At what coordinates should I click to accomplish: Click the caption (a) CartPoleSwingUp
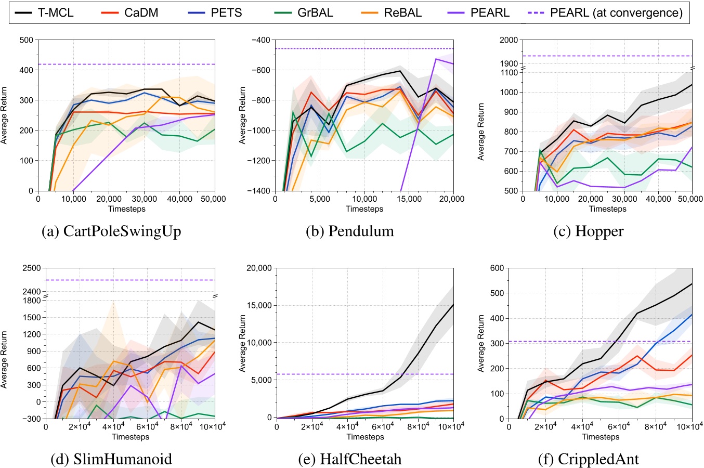[111, 231]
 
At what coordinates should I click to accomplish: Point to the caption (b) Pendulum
[349, 231]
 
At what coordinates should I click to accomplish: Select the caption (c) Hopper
[590, 231]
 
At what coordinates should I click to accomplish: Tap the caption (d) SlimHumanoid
[111, 459]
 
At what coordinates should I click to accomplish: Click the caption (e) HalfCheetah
[349, 459]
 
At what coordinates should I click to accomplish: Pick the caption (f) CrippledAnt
[590, 459]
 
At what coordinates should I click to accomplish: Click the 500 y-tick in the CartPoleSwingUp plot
[26, 40]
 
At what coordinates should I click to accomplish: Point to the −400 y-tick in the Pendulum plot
[260, 40]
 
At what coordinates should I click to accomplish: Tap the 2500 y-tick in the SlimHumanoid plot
[32, 268]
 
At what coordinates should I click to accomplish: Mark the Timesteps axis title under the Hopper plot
[607, 209]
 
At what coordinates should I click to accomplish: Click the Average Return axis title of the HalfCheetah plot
[242, 343]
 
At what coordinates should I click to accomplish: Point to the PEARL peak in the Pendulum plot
[436, 59]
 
